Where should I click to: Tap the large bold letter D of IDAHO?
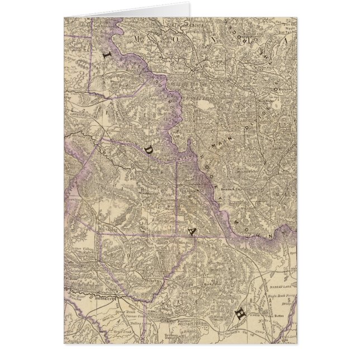(148, 150)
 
